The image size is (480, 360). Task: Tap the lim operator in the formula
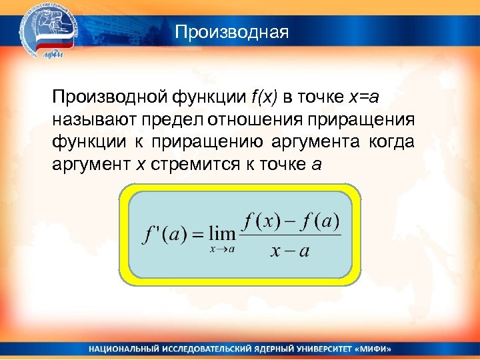click(221, 234)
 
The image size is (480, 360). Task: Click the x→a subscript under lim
click(222, 249)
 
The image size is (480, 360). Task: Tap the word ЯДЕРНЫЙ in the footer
click(257, 349)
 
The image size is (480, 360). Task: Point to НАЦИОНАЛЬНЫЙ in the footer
click(123, 349)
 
